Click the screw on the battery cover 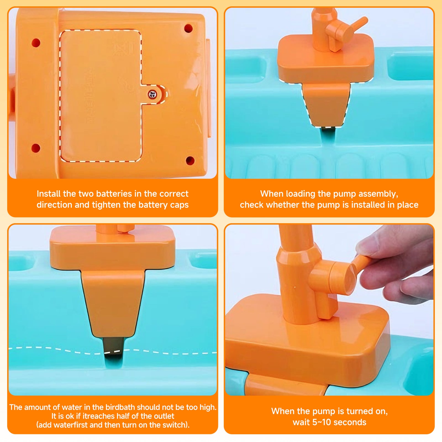pyautogui.click(x=152, y=94)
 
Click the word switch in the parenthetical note pyautogui.click(x=175, y=425)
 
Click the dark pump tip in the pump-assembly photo pyautogui.click(x=328, y=131)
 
